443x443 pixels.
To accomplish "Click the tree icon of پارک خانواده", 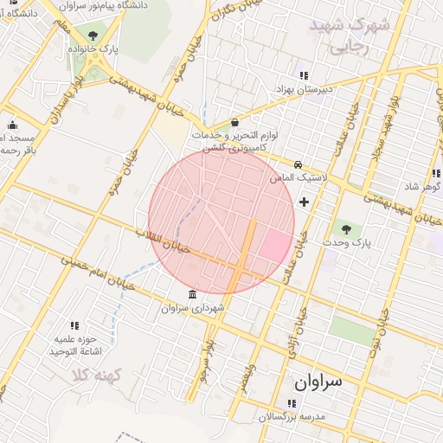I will pos(93,35).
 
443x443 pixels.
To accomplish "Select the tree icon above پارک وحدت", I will pos(347,229).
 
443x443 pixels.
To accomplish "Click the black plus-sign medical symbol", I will pos(304,202).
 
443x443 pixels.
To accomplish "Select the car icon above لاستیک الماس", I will pos(298,164).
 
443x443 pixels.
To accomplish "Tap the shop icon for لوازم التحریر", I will pos(235,122).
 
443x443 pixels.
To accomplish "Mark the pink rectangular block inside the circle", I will pos(275,246).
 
